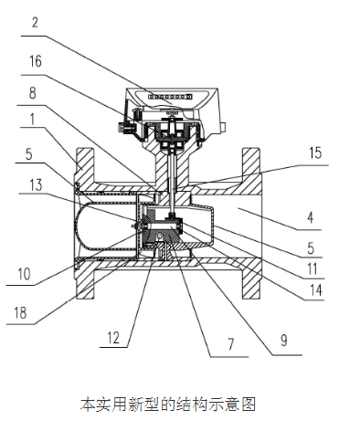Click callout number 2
(x=35, y=23)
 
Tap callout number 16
(x=36, y=61)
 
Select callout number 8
(x=33, y=93)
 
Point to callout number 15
(x=315, y=152)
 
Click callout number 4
(x=311, y=218)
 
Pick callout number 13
(x=37, y=185)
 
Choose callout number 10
(x=25, y=274)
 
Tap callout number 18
(x=20, y=312)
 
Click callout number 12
(x=113, y=338)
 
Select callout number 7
(x=231, y=344)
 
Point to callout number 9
(x=284, y=341)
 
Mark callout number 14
(x=315, y=290)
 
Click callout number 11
(x=312, y=268)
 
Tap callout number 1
(x=32, y=120)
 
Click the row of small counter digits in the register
(x=170, y=97)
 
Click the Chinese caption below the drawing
(x=168, y=404)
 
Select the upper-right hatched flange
(x=251, y=164)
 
